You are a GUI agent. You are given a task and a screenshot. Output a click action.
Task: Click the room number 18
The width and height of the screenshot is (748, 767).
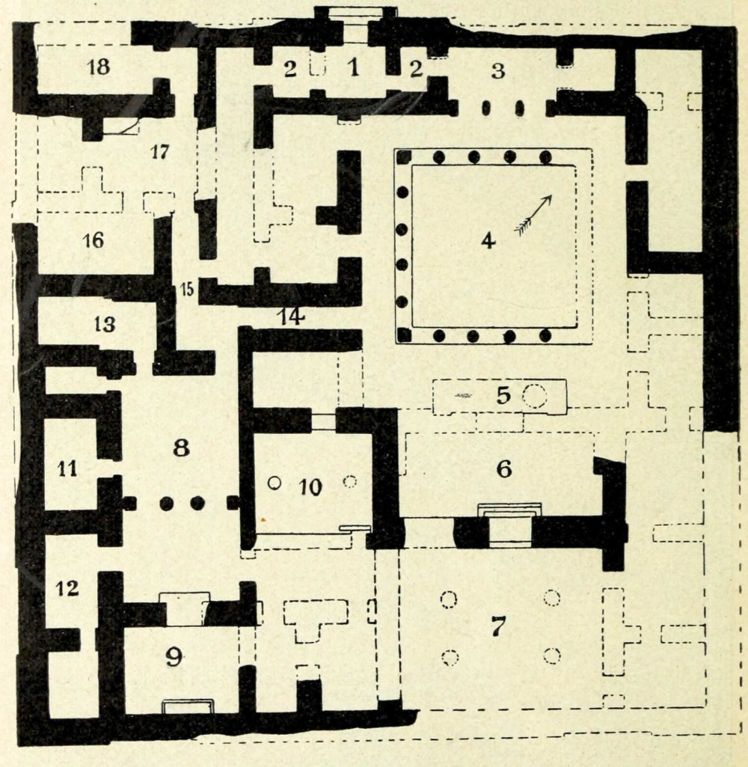pos(98,67)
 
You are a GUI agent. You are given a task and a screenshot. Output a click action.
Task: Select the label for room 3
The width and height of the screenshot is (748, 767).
pos(497,71)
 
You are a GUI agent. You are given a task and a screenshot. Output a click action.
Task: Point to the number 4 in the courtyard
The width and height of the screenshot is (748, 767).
pos(488,241)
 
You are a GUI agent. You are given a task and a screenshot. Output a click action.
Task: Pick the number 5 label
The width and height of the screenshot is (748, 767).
pos(503,395)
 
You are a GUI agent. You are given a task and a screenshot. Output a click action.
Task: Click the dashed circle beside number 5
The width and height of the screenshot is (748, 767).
pos(534,396)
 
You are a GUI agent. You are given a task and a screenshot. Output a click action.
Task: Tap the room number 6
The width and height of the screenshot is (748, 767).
pos(503,469)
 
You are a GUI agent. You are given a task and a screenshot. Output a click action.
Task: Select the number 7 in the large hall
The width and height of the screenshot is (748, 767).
pos(497,627)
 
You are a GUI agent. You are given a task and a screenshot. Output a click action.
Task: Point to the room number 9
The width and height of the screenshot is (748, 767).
pos(174,657)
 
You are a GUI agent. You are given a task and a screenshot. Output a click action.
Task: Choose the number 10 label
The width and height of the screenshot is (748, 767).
pos(310,487)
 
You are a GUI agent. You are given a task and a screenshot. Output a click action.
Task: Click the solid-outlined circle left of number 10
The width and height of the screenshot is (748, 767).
pos(275,483)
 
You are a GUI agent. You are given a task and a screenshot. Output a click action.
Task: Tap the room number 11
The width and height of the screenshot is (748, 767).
pos(68,469)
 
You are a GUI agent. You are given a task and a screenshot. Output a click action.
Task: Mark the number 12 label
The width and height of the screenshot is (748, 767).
pos(67,589)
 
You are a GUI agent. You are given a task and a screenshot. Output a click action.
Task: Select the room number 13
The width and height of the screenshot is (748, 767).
pos(105,325)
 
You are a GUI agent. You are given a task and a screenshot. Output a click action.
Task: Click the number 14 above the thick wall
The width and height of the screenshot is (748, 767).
pos(291,317)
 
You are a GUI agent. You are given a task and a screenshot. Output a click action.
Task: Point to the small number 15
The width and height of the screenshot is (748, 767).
pos(186,288)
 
